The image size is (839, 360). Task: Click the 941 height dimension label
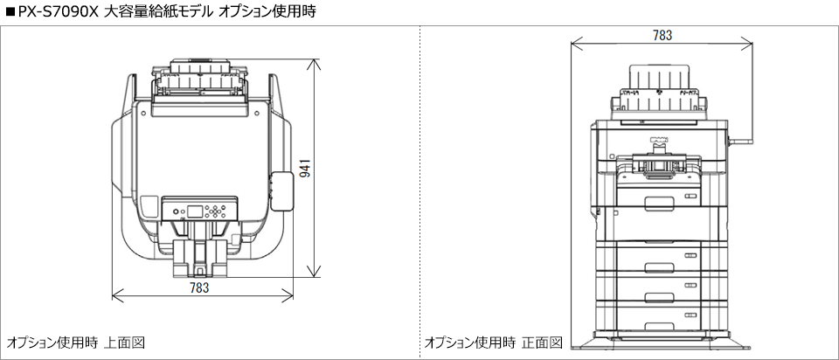tap(304, 168)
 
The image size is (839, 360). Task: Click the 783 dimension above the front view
tap(662, 35)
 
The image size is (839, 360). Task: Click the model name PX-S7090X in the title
tap(54, 11)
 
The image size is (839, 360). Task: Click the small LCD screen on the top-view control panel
tap(192, 211)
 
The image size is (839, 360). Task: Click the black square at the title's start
tap(10, 11)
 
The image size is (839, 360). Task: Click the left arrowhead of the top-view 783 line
tap(114, 293)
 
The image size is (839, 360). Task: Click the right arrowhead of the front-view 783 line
tap(751, 42)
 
